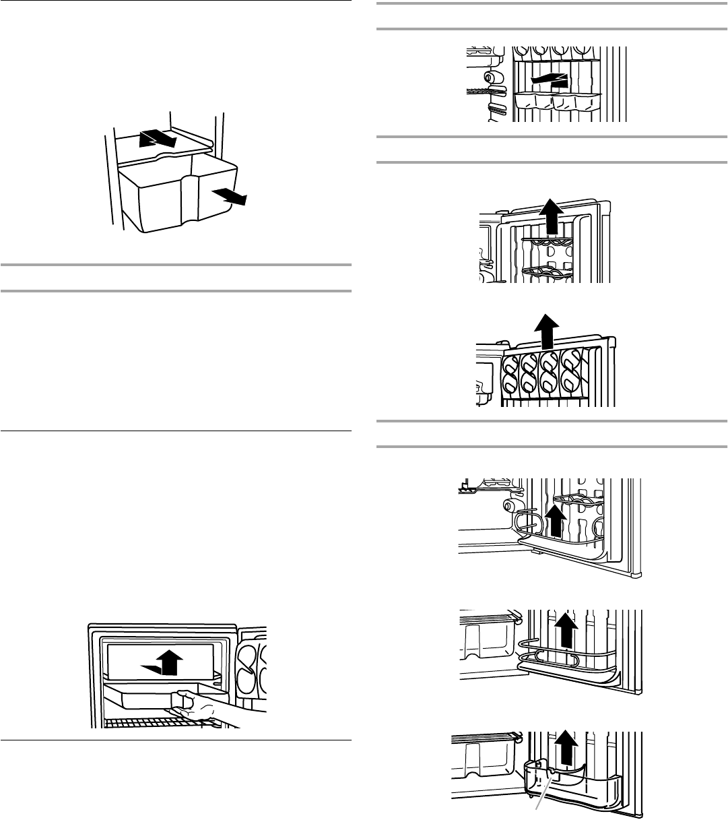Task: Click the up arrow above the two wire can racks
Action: [x=551, y=216]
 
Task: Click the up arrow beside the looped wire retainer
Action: [x=554, y=521]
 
